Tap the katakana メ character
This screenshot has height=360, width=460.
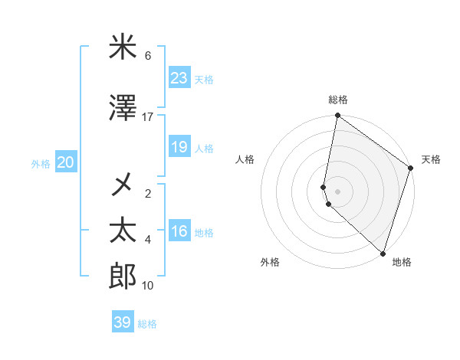tap(123, 185)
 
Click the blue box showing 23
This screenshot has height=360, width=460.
tap(179, 78)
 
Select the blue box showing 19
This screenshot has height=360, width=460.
tap(179, 147)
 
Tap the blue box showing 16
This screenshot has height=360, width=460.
tap(179, 232)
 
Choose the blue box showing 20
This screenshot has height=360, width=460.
tap(65, 162)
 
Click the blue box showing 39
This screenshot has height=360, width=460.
tap(123, 322)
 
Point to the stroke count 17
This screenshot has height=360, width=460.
tap(147, 117)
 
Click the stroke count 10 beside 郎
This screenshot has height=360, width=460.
tap(147, 286)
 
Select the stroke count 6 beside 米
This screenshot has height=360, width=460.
tap(148, 56)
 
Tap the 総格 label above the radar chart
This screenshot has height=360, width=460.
tap(338, 100)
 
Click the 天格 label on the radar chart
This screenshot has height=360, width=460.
tap(431, 159)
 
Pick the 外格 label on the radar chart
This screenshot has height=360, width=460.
tap(270, 262)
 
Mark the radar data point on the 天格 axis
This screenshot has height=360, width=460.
tap(411, 169)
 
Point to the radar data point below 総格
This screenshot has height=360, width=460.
tap(337, 116)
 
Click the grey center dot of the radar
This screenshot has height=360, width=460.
tap(338, 190)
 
